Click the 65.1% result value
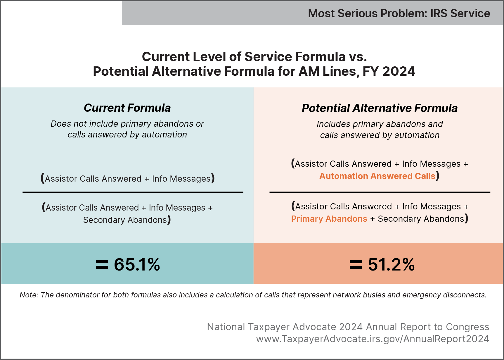click(137, 265)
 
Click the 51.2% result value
click(391, 265)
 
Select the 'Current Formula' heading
click(127, 108)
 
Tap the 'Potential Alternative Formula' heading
click(380, 108)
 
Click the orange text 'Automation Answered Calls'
click(377, 176)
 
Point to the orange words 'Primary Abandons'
click(329, 219)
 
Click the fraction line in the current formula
click(133, 192)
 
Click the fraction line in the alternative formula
click(380, 192)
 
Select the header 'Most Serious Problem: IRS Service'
click(399, 13)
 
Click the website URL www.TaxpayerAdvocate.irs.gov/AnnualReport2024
click(373, 339)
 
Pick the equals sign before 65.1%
click(102, 265)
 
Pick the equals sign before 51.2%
click(356, 265)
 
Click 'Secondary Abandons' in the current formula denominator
click(125, 220)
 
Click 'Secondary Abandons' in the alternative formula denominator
click(421, 219)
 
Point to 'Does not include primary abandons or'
click(127, 124)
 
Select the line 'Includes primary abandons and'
click(380, 124)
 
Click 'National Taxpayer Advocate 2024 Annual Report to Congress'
click(348, 327)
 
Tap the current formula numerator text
click(127, 179)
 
